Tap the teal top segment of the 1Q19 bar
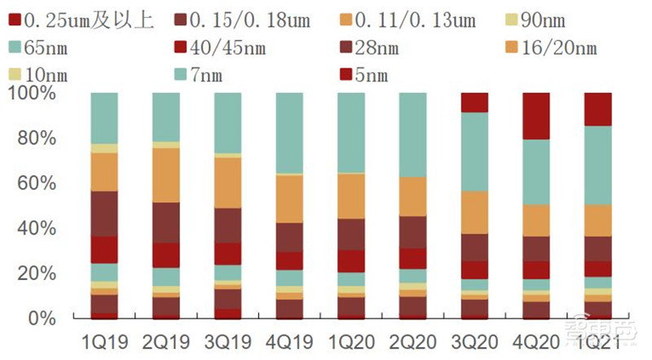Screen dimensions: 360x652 click(x=104, y=118)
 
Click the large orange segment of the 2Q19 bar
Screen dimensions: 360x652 click(x=166, y=174)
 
